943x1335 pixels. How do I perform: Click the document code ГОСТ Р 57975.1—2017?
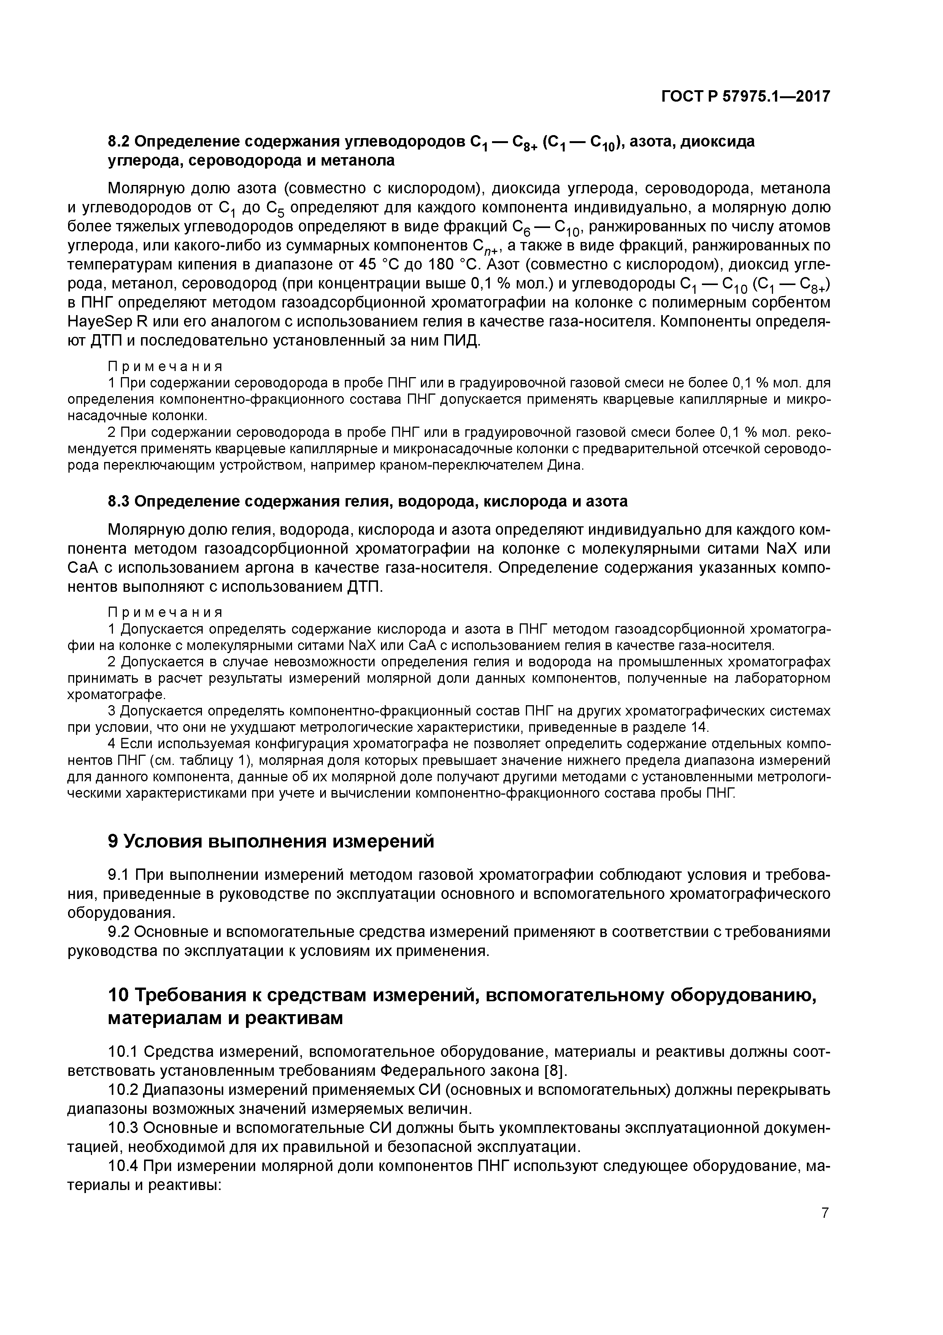745,97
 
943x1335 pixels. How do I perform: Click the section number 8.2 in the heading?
120,141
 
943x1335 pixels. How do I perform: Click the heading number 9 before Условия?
114,842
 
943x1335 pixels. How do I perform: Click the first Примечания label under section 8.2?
165,366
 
